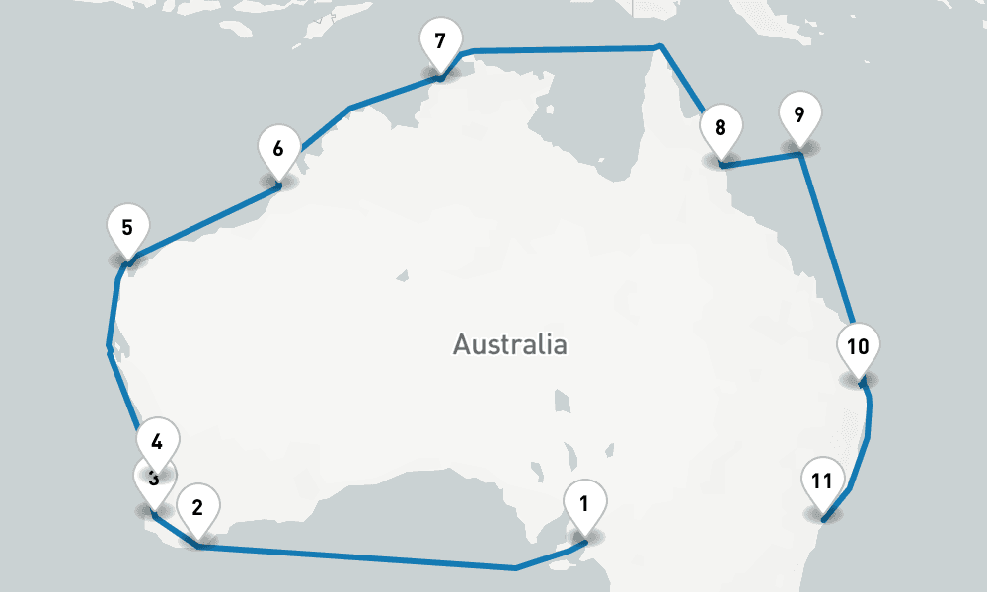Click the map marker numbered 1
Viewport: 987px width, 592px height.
pyautogui.click(x=584, y=505)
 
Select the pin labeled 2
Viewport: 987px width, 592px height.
pyautogui.click(x=197, y=509)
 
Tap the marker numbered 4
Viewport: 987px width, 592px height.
pyautogui.click(x=157, y=437)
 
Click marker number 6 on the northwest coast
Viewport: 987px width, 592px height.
pyautogui.click(x=278, y=150)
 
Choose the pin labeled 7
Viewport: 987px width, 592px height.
pyautogui.click(x=440, y=42)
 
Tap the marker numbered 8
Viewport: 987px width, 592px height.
pyautogui.click(x=721, y=128)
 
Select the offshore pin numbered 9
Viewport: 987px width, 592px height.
pyautogui.click(x=799, y=115)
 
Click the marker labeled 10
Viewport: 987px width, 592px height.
pyautogui.click(x=858, y=347)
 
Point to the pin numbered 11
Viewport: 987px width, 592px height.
pyautogui.click(x=822, y=481)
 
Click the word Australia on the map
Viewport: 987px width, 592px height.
pyautogui.click(x=509, y=345)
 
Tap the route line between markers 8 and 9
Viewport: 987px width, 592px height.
pyautogui.click(x=760, y=160)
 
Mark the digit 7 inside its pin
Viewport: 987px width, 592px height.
pyautogui.click(x=440, y=41)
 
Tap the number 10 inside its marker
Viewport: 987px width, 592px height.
pyautogui.click(x=858, y=346)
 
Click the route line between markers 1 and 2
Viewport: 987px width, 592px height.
pyautogui.click(x=355, y=556)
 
